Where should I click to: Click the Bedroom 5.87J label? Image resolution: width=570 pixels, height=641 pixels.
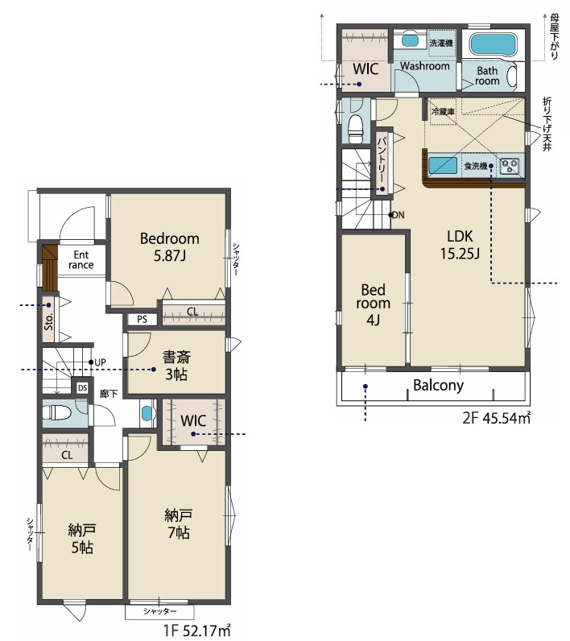[x=170, y=247]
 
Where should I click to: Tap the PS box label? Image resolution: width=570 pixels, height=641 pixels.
[x=142, y=319]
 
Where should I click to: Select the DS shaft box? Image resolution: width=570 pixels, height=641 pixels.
[x=83, y=388]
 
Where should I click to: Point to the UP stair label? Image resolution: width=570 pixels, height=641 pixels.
[x=100, y=362]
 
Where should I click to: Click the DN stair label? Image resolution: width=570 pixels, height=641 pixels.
[x=399, y=215]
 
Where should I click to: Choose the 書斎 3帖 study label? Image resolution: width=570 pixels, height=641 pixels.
[x=176, y=366]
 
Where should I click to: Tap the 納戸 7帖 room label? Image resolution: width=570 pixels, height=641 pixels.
[x=179, y=524]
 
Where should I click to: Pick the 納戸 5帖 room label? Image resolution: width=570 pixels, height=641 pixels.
[x=82, y=539]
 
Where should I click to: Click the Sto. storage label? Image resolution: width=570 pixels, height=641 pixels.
[x=49, y=322]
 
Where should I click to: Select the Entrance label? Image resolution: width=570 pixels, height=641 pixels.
[x=81, y=260]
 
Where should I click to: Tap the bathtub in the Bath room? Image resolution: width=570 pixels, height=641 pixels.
[x=494, y=43]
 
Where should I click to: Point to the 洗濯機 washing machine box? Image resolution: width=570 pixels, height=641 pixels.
[x=441, y=43]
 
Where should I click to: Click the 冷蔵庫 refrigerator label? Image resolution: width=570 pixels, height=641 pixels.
[x=443, y=111]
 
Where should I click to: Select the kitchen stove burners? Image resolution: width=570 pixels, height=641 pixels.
[x=510, y=166]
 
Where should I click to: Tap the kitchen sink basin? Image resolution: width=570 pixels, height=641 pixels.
[x=443, y=166]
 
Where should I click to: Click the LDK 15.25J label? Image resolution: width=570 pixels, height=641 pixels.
[x=460, y=245]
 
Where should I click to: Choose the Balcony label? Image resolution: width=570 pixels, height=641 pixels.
[x=439, y=386]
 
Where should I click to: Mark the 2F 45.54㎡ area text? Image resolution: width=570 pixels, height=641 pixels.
[x=497, y=418]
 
